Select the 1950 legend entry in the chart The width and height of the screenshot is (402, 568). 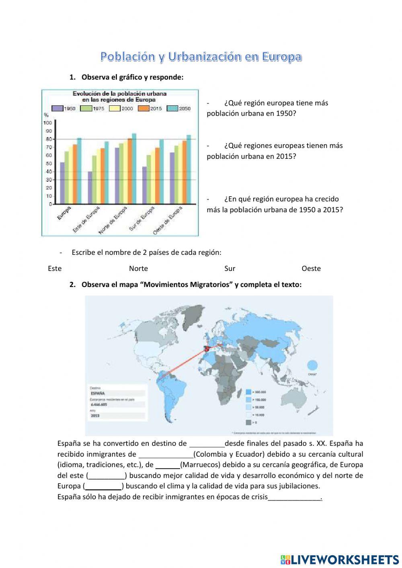[64, 109]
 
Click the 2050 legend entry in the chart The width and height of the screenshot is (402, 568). [179, 109]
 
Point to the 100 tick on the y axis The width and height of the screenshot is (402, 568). [47, 123]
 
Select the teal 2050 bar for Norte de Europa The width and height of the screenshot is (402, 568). [134, 169]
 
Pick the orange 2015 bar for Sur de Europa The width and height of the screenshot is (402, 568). [157, 176]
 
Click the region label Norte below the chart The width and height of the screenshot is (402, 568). [138, 269]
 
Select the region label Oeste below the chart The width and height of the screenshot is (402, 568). [311, 269]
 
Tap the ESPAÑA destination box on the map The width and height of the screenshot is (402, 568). [117, 393]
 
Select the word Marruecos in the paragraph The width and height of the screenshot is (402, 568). [200, 465]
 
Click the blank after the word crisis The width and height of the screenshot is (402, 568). [295, 497]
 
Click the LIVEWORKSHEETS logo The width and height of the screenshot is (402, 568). [340, 559]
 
